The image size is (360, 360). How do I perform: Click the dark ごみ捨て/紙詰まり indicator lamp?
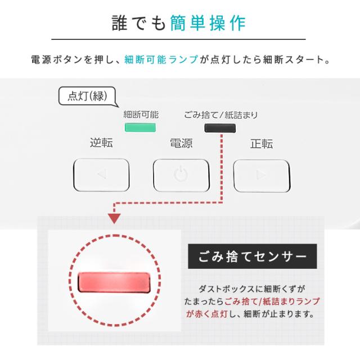(x=220, y=128)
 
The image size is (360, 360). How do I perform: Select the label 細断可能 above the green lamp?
(x=141, y=115)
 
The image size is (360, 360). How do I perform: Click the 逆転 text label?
(x=101, y=143)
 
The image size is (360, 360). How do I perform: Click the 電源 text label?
(x=181, y=143)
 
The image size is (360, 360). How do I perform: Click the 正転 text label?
(x=261, y=143)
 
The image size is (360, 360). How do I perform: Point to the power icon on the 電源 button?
(x=181, y=174)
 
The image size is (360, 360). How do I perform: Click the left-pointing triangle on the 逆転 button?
(x=101, y=174)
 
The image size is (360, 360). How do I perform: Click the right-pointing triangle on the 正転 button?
(x=261, y=174)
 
